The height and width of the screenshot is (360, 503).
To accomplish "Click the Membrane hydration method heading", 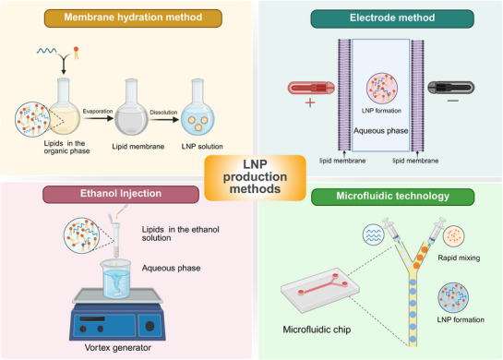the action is point(133,18).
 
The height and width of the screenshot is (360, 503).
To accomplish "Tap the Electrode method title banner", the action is point(392,18).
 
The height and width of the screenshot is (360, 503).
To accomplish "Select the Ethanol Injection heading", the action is point(121,194).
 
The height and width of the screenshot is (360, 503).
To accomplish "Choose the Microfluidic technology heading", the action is point(392,197).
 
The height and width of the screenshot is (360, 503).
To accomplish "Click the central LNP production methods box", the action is point(255,177).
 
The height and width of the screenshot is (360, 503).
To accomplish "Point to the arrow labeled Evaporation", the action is point(98,118).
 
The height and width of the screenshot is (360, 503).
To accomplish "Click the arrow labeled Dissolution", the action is point(163,120).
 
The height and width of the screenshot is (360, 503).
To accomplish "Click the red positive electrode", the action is point(311,88).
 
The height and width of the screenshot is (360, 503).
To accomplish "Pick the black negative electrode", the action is point(451,88).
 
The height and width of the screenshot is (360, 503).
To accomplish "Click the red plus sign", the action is point(310,103).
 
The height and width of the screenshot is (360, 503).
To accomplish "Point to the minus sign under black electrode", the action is point(453,101).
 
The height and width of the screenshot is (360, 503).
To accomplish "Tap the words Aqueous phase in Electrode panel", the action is point(381,131).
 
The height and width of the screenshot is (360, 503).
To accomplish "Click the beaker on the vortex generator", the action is point(116,279).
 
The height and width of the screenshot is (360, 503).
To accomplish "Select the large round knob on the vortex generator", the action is point(150,326).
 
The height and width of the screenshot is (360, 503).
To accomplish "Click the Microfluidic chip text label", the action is point(317,330).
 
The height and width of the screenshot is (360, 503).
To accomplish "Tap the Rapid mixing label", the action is point(459,258).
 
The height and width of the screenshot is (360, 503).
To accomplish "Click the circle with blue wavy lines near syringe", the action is point(374,234).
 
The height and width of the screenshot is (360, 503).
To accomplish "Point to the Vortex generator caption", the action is point(118,348).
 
